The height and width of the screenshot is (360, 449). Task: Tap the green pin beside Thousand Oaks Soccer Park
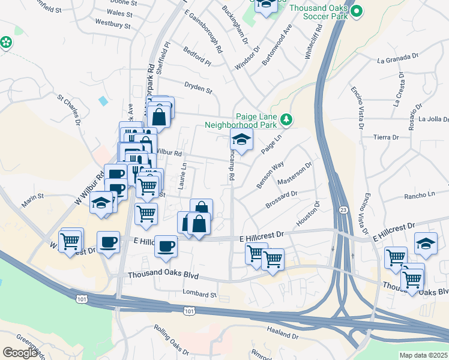357,10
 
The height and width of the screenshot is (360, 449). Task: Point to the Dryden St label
199,90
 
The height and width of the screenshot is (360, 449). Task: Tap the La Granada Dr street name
397,60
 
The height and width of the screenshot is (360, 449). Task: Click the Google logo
20,353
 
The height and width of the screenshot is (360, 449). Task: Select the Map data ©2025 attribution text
423,355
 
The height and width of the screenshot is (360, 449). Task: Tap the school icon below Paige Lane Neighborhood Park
241,141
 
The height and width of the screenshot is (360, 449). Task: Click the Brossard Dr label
282,202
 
